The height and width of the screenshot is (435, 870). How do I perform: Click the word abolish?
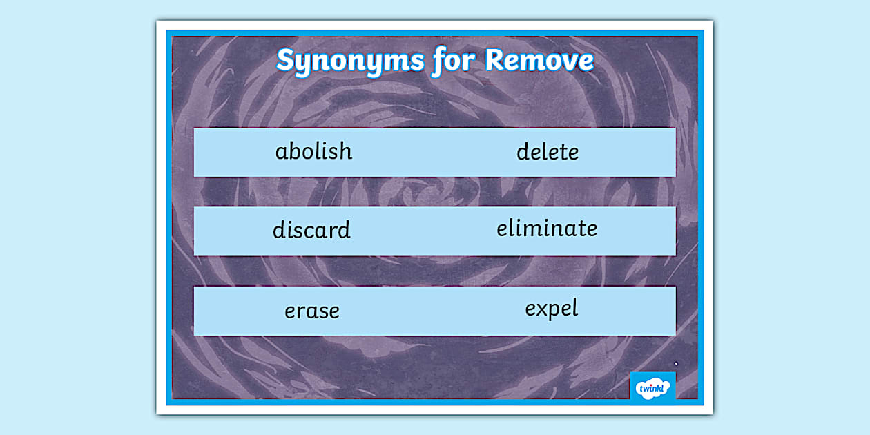coord(313,151)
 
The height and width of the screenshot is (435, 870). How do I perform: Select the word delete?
coord(548,152)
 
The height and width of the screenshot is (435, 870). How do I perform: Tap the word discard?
coord(311,230)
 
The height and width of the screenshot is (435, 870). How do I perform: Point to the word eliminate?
coord(547,229)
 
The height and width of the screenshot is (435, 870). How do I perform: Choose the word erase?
coord(312,311)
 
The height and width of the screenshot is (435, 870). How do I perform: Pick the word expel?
coord(551,309)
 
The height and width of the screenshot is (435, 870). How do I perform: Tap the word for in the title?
coord(454,61)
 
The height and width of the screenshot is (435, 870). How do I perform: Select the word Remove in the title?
coord(539,61)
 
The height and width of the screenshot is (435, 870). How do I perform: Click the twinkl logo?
coord(652,387)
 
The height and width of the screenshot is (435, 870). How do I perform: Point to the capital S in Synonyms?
coord(285,61)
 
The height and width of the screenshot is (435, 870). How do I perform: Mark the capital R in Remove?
coord(495,61)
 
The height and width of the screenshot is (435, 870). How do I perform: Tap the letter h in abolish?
coord(345,151)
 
